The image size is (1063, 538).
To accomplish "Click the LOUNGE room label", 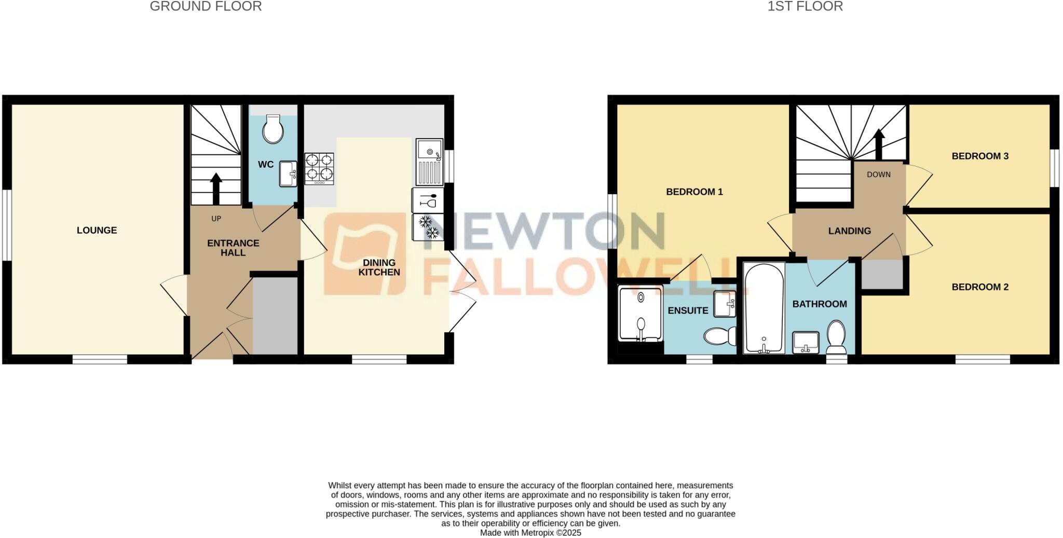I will (x=97, y=230).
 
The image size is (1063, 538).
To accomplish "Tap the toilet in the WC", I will (x=272, y=129).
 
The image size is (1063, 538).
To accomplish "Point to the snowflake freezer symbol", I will (x=428, y=227).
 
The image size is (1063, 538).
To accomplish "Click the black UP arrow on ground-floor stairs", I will (x=216, y=188).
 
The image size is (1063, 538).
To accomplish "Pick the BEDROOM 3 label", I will (x=979, y=156).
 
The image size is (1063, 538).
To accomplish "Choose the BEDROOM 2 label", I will (x=979, y=287).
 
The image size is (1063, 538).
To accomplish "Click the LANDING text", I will (x=849, y=231).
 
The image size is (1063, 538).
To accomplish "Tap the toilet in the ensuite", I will (x=719, y=335).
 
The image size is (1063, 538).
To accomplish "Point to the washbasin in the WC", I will (x=288, y=173).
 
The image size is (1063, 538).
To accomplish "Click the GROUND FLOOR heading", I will (x=206, y=6).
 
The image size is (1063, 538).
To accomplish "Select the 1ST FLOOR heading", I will (x=805, y=6).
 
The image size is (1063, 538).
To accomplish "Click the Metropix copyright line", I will (x=530, y=533).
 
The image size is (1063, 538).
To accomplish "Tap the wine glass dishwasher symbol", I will (x=428, y=200).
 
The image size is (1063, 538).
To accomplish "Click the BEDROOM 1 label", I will (x=694, y=192).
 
